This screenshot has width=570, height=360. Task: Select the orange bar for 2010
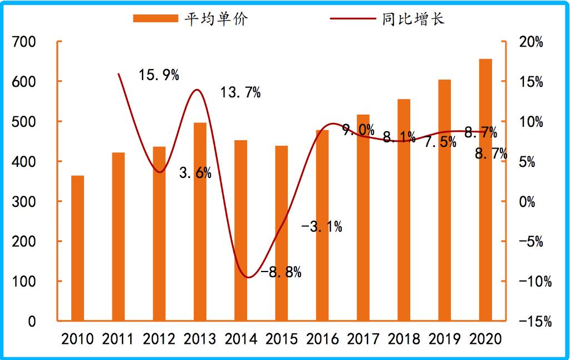(x=77, y=248)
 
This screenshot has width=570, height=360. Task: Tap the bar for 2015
(x=282, y=233)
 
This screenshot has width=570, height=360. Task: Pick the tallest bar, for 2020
(x=486, y=190)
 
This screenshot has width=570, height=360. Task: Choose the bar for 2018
(x=404, y=210)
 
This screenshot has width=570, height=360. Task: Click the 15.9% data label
(x=159, y=75)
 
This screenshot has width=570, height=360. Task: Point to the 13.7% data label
(x=240, y=92)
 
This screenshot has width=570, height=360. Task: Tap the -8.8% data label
(x=281, y=272)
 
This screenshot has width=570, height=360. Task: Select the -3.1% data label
(x=322, y=226)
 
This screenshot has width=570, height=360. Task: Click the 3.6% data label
(x=195, y=173)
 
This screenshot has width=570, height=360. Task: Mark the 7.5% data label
(x=440, y=142)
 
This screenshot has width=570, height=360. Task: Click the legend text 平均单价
(x=217, y=18)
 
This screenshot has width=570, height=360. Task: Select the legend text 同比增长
(x=414, y=18)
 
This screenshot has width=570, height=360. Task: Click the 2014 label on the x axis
(x=240, y=339)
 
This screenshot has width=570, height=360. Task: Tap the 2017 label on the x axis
(x=363, y=339)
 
